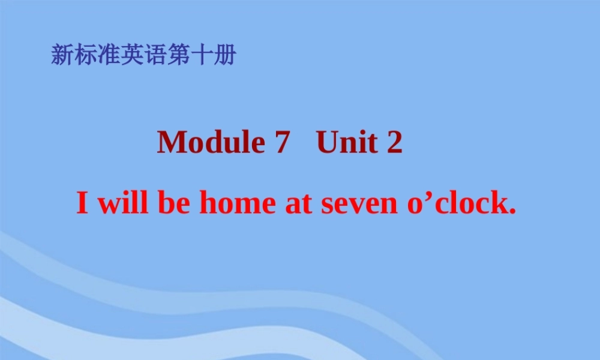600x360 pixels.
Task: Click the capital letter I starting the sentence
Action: click(83, 204)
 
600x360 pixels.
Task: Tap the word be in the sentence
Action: click(175, 203)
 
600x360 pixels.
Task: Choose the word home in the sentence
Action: click(236, 203)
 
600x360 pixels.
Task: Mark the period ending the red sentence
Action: click(512, 212)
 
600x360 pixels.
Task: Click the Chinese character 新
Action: click(62, 55)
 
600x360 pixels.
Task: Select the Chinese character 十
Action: click(202, 55)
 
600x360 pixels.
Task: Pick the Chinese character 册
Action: click(225, 55)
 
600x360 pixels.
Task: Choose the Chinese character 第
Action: click(179, 55)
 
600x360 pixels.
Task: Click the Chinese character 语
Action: click(155, 55)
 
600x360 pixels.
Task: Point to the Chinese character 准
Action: click(109, 55)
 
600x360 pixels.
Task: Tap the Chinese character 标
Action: click(85, 55)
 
